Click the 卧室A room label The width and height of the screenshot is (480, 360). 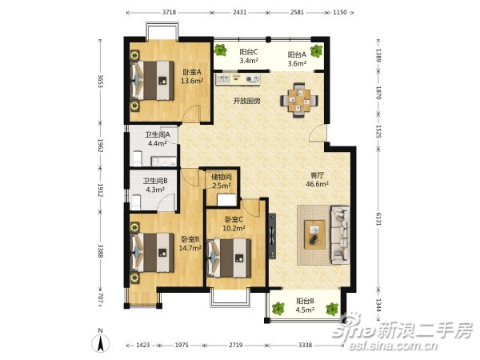pos(190,71)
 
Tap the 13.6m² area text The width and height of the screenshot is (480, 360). pos(191,81)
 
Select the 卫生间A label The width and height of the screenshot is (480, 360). pos(157,135)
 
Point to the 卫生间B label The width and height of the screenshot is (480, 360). pos(156,181)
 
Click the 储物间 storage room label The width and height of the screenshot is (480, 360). pos(222,177)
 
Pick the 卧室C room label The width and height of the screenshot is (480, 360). pos(234,219)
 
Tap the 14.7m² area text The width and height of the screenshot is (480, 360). pos(190,248)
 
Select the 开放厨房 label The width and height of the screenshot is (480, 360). pos(246,102)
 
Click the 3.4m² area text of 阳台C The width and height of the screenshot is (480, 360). pos(249,61)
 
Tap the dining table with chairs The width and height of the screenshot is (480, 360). pos(300,100)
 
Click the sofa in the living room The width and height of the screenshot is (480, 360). pos(339,234)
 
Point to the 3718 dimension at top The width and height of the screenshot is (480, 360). pos(169,13)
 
